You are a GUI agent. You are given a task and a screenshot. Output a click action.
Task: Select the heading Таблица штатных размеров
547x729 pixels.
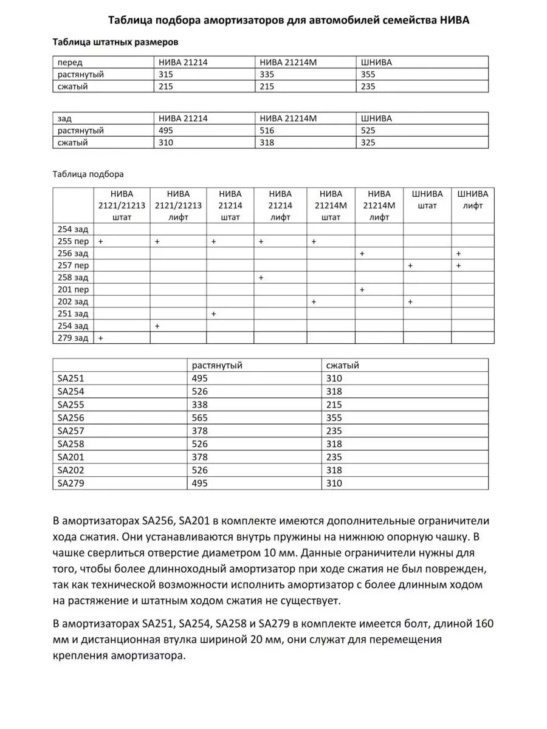tap(115, 43)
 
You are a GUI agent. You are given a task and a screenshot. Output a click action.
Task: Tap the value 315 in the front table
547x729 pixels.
tap(166, 74)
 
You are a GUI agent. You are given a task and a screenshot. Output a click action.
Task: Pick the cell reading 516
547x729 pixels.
tap(267, 131)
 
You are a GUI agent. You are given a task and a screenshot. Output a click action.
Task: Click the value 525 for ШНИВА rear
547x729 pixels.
tap(368, 131)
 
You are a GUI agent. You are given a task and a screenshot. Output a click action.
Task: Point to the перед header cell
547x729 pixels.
tap(70, 62)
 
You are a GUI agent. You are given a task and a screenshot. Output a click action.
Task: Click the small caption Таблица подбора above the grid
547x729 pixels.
tap(89, 174)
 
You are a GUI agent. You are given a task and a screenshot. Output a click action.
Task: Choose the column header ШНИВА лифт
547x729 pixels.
tap(473, 200)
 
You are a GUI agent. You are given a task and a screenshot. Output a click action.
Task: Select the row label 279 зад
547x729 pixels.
tap(73, 338)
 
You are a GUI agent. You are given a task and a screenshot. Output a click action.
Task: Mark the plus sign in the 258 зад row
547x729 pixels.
tap(261, 278)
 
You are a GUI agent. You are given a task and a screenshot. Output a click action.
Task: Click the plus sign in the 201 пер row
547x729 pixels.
tap(362, 290)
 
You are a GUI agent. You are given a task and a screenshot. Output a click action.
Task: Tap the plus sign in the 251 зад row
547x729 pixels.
tap(214, 313)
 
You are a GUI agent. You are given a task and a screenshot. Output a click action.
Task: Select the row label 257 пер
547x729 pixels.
tap(73, 265)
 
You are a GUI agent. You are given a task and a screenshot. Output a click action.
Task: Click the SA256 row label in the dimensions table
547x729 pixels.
tap(71, 418)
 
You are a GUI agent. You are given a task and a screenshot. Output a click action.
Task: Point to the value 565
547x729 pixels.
tap(200, 418)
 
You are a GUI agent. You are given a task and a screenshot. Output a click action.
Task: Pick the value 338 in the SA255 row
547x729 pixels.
tap(200, 405)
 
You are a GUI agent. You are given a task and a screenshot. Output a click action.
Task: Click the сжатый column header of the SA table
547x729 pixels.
tap(343, 365)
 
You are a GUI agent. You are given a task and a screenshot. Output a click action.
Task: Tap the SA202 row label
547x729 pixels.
tap(71, 470)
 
